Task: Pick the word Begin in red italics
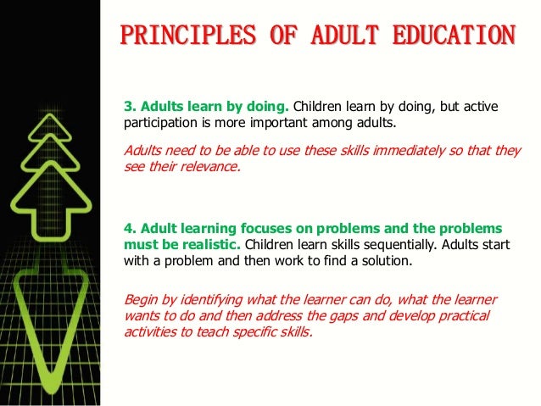pyautogui.click(x=140, y=300)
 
